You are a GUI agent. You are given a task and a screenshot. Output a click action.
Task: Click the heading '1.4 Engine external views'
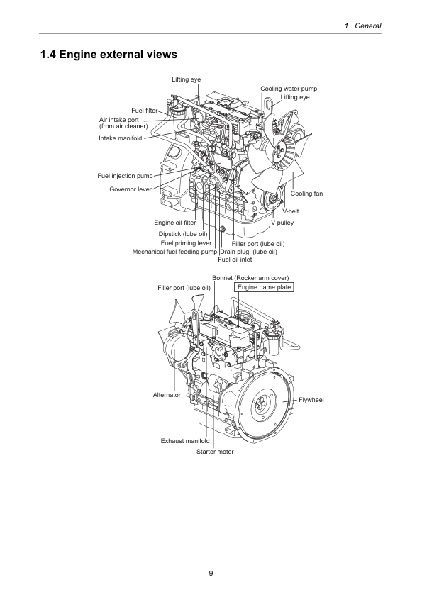coord(109,55)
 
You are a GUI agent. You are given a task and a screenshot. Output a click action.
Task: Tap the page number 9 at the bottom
coord(211,574)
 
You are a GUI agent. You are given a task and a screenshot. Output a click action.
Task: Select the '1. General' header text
coord(362,26)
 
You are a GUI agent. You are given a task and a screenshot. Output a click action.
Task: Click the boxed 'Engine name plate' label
coord(264,287)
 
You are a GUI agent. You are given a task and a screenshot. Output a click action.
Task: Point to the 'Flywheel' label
coord(311,400)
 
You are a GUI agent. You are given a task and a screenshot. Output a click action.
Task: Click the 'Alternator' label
coord(167,395)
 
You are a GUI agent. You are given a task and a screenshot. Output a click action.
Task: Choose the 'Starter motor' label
coord(215,452)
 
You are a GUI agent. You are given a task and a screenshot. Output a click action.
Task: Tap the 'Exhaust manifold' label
coord(185,441)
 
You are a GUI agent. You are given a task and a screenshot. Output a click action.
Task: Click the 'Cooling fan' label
coord(306,194)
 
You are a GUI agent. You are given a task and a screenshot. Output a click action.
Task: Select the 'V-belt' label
coord(290,211)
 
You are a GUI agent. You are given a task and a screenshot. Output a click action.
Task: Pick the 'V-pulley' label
coord(282,223)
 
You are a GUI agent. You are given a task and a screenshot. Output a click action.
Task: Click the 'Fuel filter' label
coord(145,111)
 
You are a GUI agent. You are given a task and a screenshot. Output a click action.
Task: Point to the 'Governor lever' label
coord(131,189)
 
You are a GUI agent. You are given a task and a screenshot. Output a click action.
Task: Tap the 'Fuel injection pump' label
coord(125,176)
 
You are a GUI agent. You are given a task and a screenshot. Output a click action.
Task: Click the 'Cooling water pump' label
coord(289,89)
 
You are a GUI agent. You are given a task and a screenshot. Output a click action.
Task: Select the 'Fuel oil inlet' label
coord(235,260)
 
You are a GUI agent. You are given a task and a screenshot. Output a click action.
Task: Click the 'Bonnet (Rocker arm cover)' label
coord(250,278)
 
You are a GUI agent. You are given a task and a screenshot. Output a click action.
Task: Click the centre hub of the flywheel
coord(261,403)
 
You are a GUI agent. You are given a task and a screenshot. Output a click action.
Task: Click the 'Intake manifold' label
coord(121,138)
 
